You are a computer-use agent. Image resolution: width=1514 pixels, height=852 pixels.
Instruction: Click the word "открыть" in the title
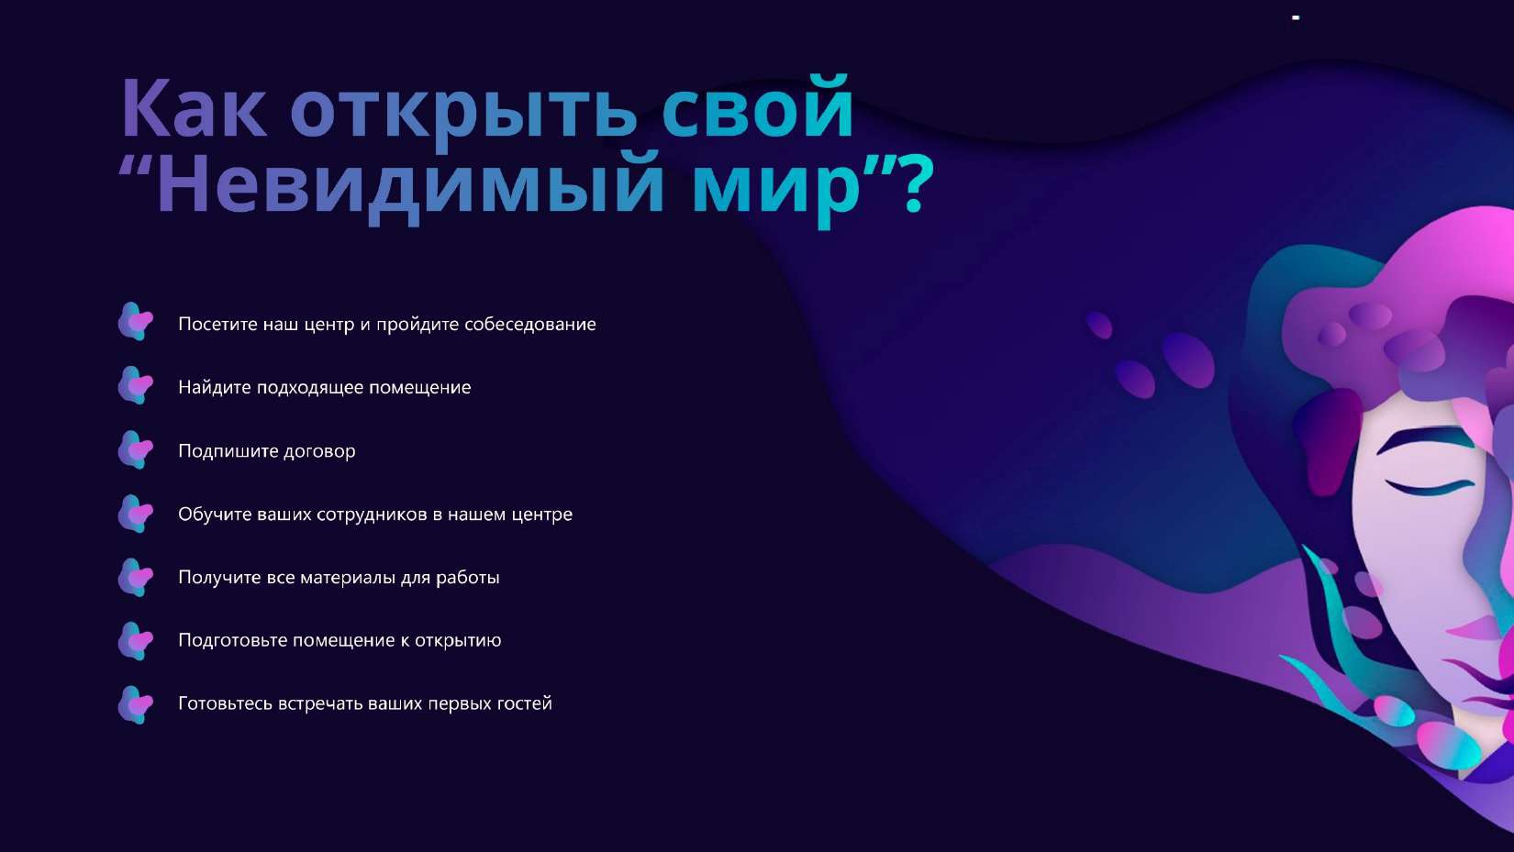coord(463,111)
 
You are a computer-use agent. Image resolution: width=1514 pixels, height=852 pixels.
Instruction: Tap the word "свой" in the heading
coord(757,109)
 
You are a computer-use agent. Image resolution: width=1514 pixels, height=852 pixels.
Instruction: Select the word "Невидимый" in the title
coord(410,184)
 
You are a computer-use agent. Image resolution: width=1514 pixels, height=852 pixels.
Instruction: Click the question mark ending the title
coord(918,184)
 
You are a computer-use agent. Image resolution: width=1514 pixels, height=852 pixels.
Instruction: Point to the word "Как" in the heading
coord(195,109)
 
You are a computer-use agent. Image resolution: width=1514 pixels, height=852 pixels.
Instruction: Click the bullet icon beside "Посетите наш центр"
coord(136,322)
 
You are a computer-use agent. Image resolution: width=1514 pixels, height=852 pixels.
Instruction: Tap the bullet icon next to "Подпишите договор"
coord(136,449)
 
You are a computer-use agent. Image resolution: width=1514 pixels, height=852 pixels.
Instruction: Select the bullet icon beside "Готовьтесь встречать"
coord(136,704)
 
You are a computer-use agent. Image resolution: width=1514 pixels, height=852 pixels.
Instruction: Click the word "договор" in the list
coord(318,451)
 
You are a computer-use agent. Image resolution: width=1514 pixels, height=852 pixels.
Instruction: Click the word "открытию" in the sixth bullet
coord(458,641)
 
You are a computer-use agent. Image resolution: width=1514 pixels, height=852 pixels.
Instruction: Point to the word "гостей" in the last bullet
coord(524,703)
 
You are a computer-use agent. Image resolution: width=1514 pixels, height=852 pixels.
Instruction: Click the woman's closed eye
coord(1431,486)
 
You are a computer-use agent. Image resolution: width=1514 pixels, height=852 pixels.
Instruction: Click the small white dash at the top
coord(1296,17)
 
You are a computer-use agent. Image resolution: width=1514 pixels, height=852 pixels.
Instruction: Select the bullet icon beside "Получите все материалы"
coord(136,577)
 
